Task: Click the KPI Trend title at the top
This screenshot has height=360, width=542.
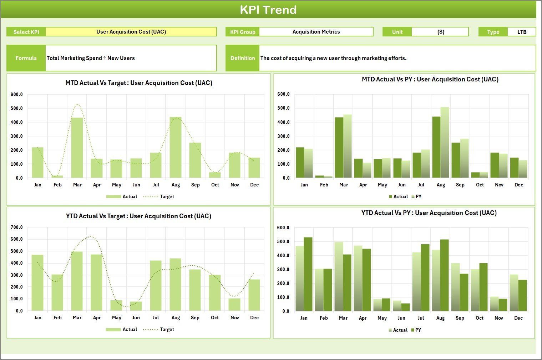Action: (268, 10)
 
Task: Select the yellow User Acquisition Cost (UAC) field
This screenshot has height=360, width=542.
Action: (131, 32)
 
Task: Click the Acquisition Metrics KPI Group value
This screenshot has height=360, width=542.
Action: (316, 32)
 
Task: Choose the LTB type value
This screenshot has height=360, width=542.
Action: (522, 32)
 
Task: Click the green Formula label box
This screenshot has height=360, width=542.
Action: (26, 58)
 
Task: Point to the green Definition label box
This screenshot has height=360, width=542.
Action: (243, 58)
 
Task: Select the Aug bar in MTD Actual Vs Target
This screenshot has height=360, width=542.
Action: (176, 147)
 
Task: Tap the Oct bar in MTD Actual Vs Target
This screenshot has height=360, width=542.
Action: (215, 175)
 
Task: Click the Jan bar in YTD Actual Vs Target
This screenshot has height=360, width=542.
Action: (37, 282)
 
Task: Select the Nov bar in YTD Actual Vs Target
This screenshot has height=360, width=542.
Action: (234, 304)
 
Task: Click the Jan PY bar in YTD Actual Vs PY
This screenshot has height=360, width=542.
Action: (308, 274)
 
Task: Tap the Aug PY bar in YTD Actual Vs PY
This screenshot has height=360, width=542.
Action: (444, 275)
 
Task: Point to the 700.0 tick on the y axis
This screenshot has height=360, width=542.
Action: (17, 227)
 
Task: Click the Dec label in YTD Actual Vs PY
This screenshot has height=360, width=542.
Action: (518, 318)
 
